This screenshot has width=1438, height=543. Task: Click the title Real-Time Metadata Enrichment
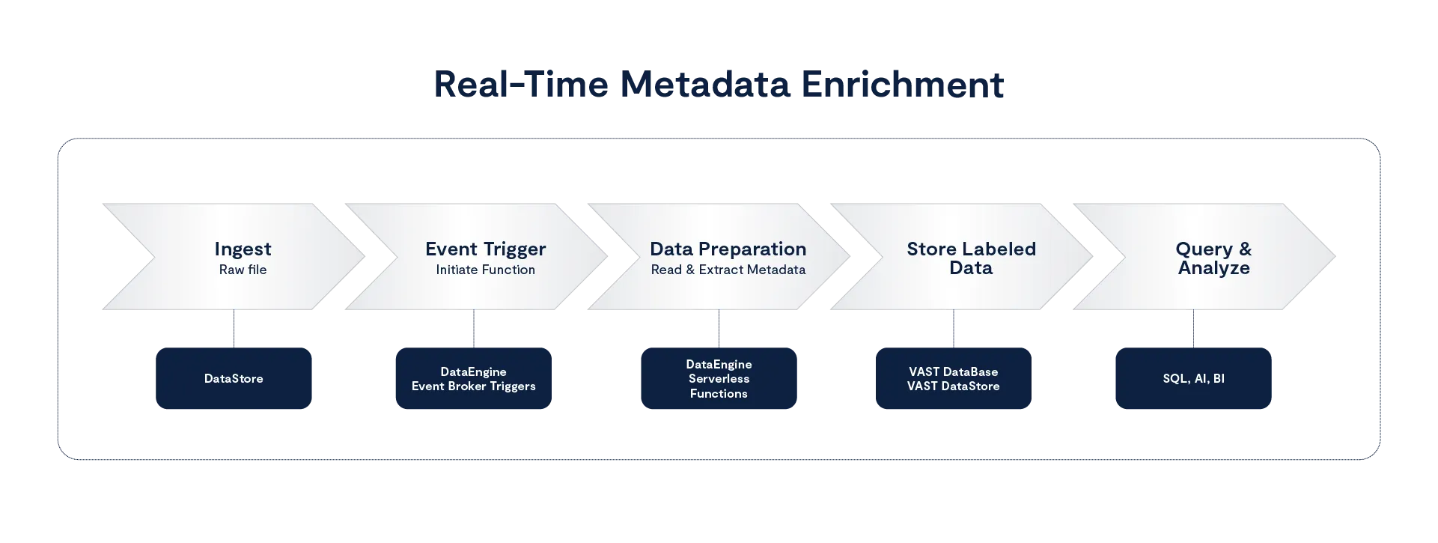coord(719,86)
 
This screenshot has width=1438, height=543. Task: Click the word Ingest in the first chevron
coord(243,249)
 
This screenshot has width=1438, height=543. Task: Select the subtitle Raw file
coord(243,270)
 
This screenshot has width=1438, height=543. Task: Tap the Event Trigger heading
coord(485,249)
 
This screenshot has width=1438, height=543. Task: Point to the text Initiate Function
coord(485,270)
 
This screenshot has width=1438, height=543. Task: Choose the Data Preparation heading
coord(728,249)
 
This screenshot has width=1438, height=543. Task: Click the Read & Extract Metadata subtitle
coord(728,270)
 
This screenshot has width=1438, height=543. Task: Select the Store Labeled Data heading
coord(971,258)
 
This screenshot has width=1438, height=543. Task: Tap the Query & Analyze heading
coord(1213,258)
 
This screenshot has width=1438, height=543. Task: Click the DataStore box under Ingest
coord(234,379)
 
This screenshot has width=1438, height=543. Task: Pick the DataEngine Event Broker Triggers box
coord(474,379)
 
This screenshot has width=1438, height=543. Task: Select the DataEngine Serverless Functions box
coord(719,379)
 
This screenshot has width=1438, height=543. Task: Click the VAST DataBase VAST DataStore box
coord(954,379)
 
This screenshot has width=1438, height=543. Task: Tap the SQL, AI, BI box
coord(1193,379)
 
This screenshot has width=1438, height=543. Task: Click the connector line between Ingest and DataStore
coord(236,330)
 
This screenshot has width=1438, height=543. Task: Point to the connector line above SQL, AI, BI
coord(1194,330)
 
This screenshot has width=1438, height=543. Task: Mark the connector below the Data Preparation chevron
coord(721,330)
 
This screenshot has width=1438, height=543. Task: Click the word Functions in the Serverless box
coord(719,394)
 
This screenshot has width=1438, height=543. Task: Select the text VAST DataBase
coord(954,371)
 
